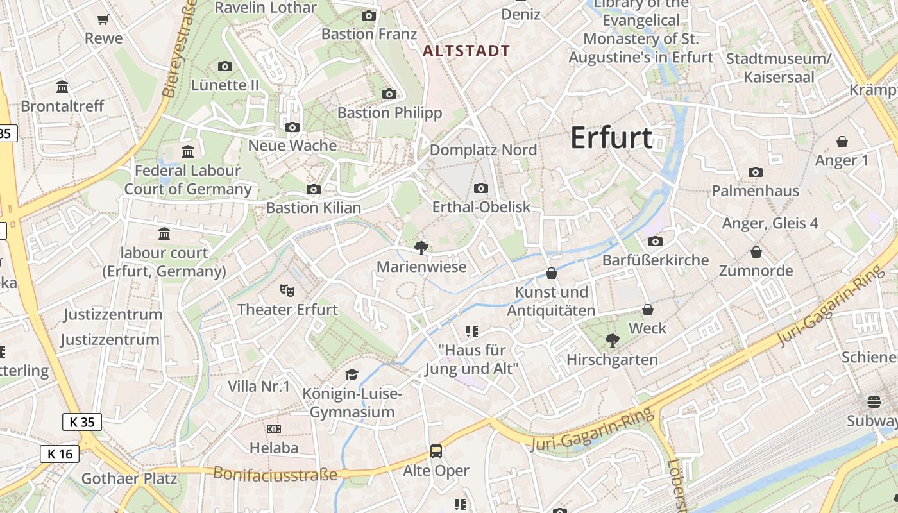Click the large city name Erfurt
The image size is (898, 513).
pyautogui.click(x=611, y=138)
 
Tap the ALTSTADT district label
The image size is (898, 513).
pyautogui.click(x=467, y=51)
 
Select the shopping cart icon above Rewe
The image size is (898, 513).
pyautogui.click(x=103, y=20)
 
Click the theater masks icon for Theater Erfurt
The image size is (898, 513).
pyautogui.click(x=287, y=290)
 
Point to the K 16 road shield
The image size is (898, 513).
pyautogui.click(x=60, y=454)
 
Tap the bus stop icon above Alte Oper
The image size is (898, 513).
pyautogui.click(x=436, y=451)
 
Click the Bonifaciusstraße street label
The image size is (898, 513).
pyautogui.click(x=275, y=474)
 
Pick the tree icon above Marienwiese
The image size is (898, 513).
pyautogui.click(x=421, y=248)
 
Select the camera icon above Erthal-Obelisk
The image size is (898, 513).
pyautogui.click(x=481, y=188)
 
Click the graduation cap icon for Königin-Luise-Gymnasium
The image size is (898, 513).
pyautogui.click(x=352, y=374)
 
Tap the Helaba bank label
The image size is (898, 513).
pyautogui.click(x=274, y=448)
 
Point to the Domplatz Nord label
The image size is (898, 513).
pyautogui.click(x=483, y=150)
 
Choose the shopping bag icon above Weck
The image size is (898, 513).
pyautogui.click(x=648, y=310)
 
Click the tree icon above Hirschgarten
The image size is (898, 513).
pyautogui.click(x=613, y=341)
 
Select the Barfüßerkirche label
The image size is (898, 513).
pyautogui.click(x=656, y=260)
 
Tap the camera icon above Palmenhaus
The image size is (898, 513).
pyautogui.click(x=756, y=172)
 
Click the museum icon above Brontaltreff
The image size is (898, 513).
pyautogui.click(x=62, y=87)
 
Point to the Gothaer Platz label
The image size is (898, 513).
pyautogui.click(x=130, y=478)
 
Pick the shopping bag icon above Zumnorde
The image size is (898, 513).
pyautogui.click(x=756, y=252)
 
